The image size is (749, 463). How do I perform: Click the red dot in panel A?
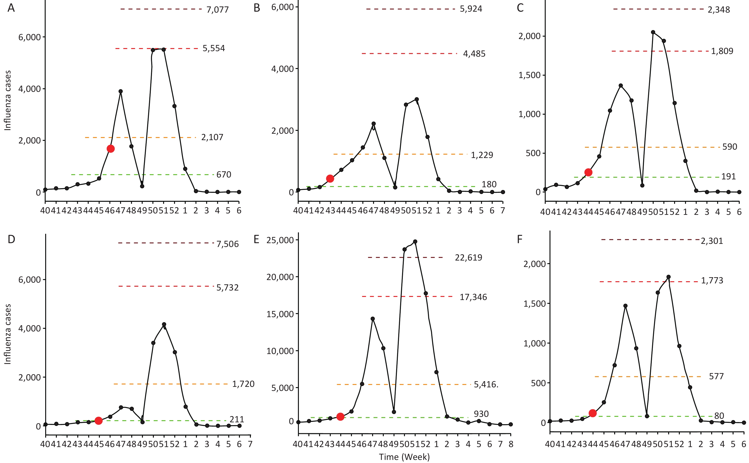(111, 149)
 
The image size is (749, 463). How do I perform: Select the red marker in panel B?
(330, 178)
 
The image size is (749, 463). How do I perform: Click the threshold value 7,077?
(217, 10)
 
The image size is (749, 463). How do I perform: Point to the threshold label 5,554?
(214, 48)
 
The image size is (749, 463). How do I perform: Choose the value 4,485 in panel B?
(474, 54)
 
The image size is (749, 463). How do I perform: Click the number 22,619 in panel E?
(468, 257)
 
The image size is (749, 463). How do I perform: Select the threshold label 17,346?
(473, 297)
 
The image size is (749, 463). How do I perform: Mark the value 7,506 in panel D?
(227, 244)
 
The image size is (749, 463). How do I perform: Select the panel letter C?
(520, 8)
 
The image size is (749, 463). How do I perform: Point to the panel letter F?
(520, 239)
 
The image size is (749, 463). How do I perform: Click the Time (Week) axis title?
(404, 457)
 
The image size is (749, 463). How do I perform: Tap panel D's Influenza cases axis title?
(8, 334)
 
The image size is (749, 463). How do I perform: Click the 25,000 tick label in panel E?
(280, 240)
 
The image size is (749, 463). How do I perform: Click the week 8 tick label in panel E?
(511, 444)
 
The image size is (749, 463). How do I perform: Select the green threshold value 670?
(224, 175)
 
